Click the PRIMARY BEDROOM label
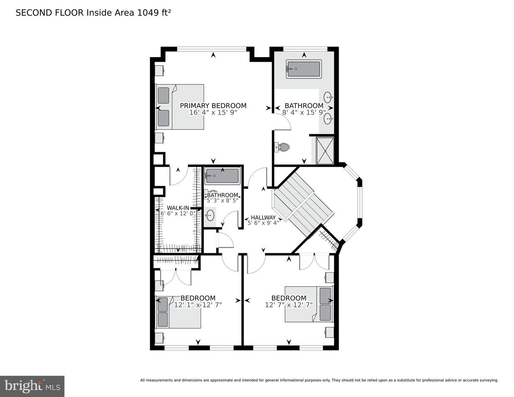[213, 106]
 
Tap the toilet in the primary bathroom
[282, 147]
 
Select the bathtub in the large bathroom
[304, 69]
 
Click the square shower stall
[325, 150]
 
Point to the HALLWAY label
[263, 217]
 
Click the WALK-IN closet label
[178, 208]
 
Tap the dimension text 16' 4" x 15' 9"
[213, 112]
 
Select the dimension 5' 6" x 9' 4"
[263, 223]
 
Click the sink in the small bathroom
[210, 216]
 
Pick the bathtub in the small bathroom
[222, 176]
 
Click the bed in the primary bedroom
[180, 107]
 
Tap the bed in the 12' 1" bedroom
[178, 312]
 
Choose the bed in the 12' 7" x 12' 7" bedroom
[309, 304]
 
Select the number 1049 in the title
[148, 13]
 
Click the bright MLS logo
[32, 386]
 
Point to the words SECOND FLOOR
[50, 13]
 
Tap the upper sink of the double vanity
[328, 97]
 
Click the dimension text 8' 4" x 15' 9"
[304, 112]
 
